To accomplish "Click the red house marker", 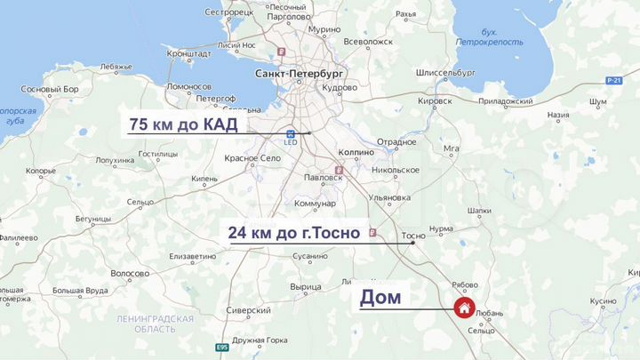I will point(464,308).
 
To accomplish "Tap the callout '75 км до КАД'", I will point(184,124).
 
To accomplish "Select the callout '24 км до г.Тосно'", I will point(293,233).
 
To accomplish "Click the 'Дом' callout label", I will point(380,298).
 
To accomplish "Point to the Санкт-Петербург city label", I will point(299,74).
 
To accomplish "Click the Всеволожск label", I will point(368,41).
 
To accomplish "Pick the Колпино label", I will point(357,153).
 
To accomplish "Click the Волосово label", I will point(130,273).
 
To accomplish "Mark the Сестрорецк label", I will point(229,12).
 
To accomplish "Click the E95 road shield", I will point(221,347).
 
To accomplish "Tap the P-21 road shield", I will point(612,81).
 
